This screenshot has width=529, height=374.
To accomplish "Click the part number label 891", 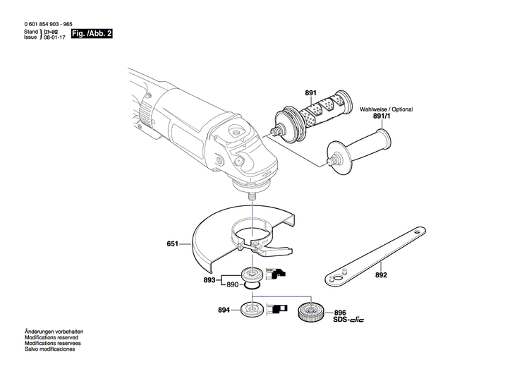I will (x=311, y=93).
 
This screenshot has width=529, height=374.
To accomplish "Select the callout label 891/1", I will (x=380, y=118).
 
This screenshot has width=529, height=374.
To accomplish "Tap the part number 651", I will (x=173, y=245).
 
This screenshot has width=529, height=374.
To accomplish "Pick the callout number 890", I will (x=232, y=284).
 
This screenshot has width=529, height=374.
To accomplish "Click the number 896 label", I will (x=340, y=311).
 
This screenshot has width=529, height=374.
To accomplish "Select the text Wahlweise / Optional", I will (x=387, y=109).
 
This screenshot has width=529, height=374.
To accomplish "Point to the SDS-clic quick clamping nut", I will (x=310, y=311).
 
